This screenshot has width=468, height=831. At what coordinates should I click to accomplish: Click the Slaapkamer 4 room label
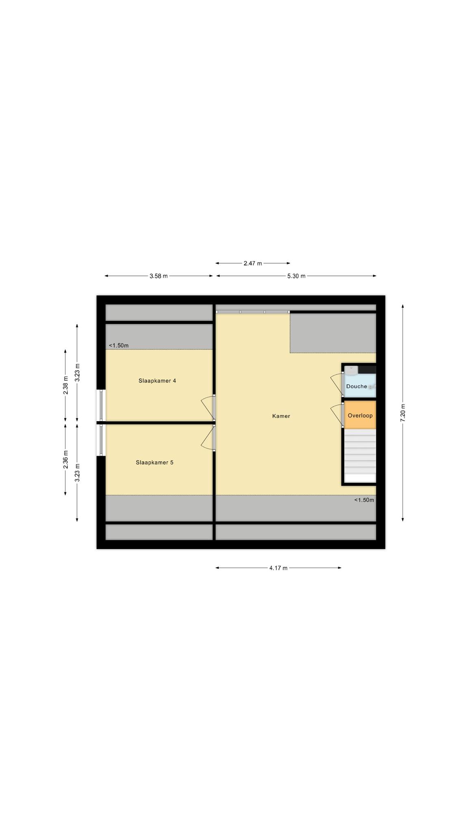[x=157, y=381]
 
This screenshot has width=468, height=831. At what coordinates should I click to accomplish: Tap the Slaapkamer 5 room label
[x=154, y=462]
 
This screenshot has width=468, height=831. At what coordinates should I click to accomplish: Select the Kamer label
[x=281, y=416]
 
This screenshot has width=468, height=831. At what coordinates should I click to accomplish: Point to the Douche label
[x=357, y=386]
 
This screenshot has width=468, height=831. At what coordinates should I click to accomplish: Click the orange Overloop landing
[x=360, y=415]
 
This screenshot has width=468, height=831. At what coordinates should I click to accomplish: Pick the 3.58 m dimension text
[x=158, y=276]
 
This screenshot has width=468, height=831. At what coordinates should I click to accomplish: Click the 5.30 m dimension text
[x=296, y=276]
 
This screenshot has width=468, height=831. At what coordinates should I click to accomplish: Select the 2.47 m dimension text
[x=253, y=263]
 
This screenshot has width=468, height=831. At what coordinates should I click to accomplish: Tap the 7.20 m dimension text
[x=403, y=413]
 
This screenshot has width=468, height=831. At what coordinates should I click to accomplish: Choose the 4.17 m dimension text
[x=278, y=568]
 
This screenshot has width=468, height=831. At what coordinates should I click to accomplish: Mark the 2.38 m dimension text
[x=65, y=385]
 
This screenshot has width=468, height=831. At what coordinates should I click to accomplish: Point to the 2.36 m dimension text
[x=65, y=460]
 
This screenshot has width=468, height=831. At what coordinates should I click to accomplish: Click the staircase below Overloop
[x=360, y=456]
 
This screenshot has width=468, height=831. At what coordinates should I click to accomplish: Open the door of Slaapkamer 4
[x=207, y=407]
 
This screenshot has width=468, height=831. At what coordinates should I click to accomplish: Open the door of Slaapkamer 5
[x=207, y=438]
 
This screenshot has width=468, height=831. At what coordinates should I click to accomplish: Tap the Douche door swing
[x=337, y=384]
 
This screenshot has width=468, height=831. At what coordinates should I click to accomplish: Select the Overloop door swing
[x=337, y=415]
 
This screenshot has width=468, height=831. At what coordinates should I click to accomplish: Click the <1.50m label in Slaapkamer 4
[x=119, y=346]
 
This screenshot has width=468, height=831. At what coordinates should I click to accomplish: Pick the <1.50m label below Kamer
[x=364, y=500]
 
